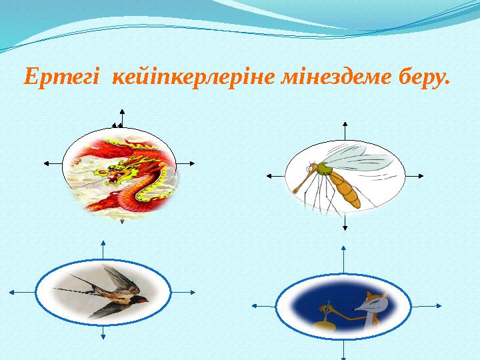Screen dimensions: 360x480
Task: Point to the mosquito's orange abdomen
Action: click(x=347, y=189)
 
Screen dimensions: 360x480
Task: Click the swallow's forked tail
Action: click(x=67, y=290)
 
